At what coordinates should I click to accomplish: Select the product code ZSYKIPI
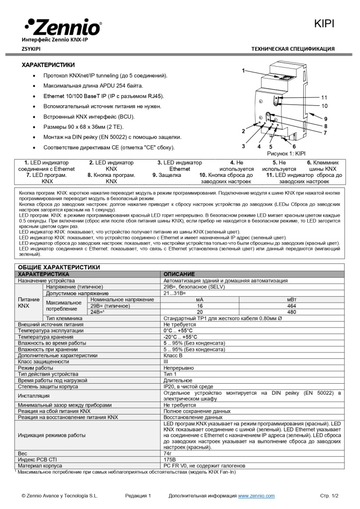pyautogui.click(x=31, y=49)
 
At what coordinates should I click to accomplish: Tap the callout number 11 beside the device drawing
pyautogui.click(x=324, y=97)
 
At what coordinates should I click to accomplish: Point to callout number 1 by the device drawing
pyautogui.click(x=243, y=71)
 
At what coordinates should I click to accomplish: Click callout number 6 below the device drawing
pyautogui.click(x=294, y=147)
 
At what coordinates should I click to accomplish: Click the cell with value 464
pyautogui.click(x=291, y=306)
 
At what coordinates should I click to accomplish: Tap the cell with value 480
pyautogui.click(x=291, y=312)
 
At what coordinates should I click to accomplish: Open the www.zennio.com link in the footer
pyautogui.click(x=256, y=496)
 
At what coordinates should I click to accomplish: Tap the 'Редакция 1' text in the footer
pyautogui.click(x=138, y=496)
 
